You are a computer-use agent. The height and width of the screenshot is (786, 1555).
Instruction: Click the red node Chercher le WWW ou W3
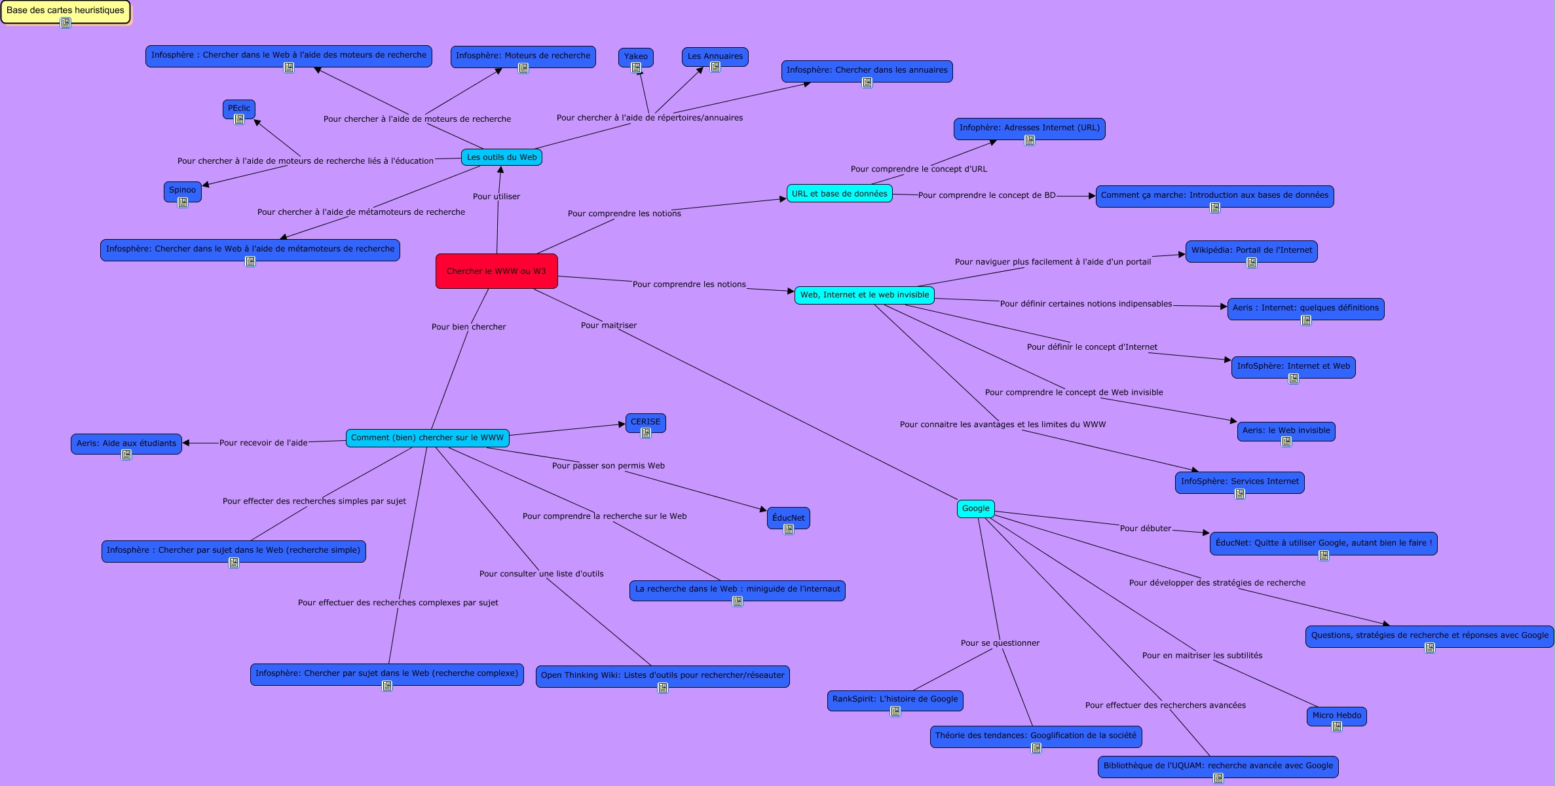pyautogui.click(x=496, y=271)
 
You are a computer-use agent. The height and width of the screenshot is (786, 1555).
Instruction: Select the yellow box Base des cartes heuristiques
pyautogui.click(x=66, y=10)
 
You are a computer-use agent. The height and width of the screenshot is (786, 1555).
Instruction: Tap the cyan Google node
pyautogui.click(x=975, y=508)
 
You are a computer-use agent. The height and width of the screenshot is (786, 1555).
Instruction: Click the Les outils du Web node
pyautogui.click(x=501, y=157)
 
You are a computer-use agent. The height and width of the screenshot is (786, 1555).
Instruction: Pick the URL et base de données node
pyautogui.click(x=839, y=194)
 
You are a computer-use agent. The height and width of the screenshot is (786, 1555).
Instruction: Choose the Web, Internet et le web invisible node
pyautogui.click(x=864, y=295)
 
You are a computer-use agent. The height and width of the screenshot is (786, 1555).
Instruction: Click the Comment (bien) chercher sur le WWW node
pyautogui.click(x=427, y=438)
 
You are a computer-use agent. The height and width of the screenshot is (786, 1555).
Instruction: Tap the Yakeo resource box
pyautogui.click(x=635, y=56)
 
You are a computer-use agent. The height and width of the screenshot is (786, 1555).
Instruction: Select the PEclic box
pyautogui.click(x=239, y=108)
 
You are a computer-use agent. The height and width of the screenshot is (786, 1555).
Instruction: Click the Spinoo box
pyautogui.click(x=182, y=190)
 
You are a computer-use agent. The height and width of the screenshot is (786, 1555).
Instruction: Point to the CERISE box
pyautogui.click(x=645, y=422)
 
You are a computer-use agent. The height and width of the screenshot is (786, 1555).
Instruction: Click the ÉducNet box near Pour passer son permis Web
pyautogui.click(x=788, y=517)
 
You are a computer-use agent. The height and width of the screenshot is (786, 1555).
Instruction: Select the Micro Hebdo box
pyautogui.click(x=1336, y=715)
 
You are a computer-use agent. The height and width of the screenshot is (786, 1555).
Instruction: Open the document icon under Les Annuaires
pyautogui.click(x=715, y=67)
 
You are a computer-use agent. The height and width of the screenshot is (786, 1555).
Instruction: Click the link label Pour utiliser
pyautogui.click(x=496, y=196)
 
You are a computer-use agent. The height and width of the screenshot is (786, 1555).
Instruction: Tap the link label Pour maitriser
pyautogui.click(x=609, y=326)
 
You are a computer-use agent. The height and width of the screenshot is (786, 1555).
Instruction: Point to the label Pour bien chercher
pyautogui.click(x=468, y=327)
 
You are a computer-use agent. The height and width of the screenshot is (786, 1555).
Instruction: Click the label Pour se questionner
pyautogui.click(x=1000, y=643)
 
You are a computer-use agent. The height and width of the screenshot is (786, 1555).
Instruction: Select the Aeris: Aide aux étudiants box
pyautogui.click(x=126, y=443)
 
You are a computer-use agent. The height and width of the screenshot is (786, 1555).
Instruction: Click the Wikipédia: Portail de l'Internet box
pyautogui.click(x=1251, y=250)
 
